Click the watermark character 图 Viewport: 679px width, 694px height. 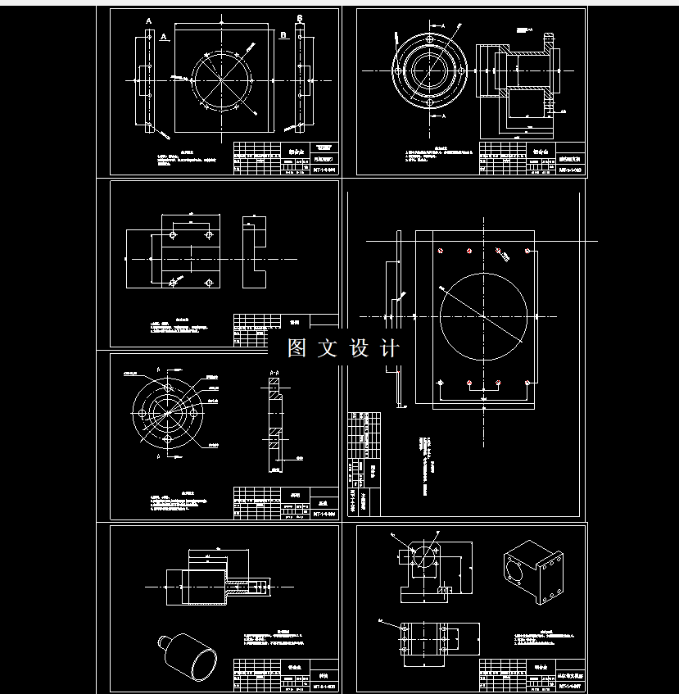[296, 348]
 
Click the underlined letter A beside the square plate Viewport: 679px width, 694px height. [164, 37]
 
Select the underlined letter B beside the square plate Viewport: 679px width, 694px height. [283, 35]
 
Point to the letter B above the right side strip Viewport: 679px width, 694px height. [300, 18]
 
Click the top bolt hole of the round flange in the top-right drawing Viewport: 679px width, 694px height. [428, 38]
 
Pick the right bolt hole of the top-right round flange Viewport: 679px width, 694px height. [462, 71]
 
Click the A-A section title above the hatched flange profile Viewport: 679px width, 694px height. [274, 373]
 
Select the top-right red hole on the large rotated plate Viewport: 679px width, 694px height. [499, 251]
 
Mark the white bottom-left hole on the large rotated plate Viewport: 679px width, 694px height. [441, 383]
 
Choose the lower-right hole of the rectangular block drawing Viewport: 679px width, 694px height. [209, 283]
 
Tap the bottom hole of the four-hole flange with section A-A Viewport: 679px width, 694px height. [167, 439]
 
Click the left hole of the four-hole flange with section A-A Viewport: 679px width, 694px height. [142, 414]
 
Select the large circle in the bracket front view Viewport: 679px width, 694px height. [426, 557]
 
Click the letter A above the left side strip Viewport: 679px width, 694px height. [148, 19]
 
